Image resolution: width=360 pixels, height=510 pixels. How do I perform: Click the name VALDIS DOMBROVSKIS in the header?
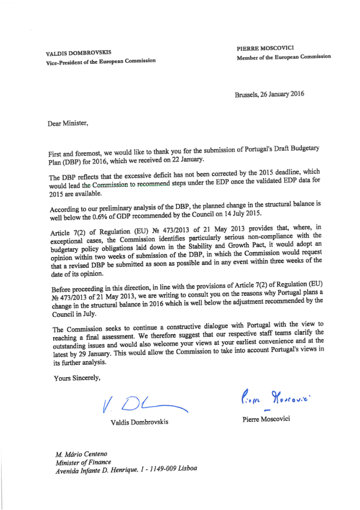pyautogui.click(x=79, y=53)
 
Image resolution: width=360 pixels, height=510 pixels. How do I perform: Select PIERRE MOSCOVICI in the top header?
pyautogui.click(x=266, y=48)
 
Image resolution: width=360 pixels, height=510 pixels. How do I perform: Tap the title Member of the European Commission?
pyautogui.click(x=284, y=56)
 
